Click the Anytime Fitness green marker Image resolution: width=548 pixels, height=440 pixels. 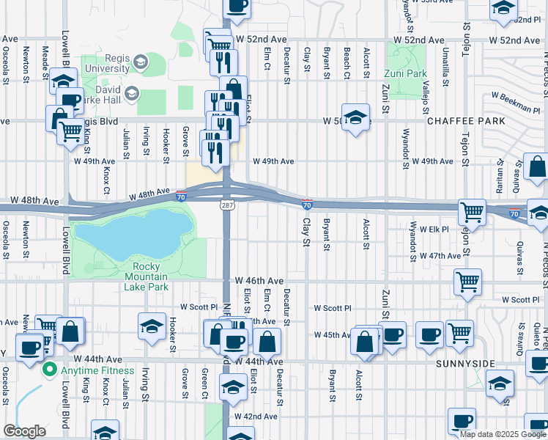51,369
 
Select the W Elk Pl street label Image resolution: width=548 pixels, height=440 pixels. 435,229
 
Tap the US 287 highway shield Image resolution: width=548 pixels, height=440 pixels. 226,207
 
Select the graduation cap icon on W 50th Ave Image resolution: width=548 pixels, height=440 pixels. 355,117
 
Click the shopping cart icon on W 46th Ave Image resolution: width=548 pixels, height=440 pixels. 467,280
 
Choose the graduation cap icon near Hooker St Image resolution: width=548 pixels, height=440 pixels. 151,326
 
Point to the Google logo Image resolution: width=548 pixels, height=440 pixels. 23,431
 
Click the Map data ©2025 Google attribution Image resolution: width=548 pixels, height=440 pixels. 503,433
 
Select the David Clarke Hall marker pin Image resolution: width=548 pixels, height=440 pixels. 132,93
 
